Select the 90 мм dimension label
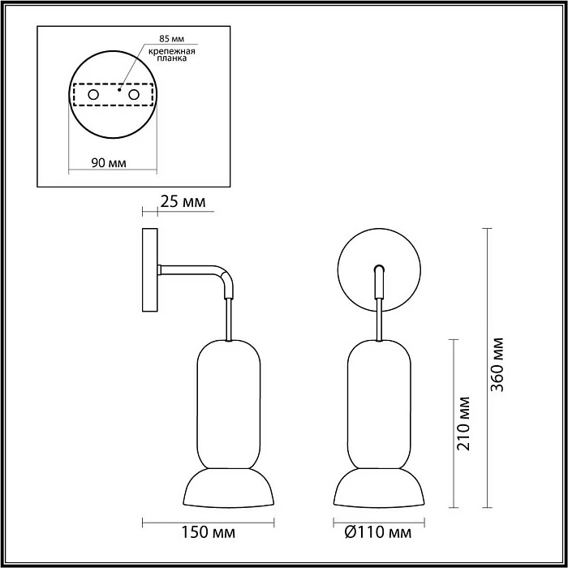click(x=108, y=163)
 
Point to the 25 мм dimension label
click(x=183, y=200)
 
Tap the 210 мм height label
click(x=464, y=424)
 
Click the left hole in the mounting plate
click(x=93, y=96)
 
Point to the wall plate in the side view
click(x=150, y=269)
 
